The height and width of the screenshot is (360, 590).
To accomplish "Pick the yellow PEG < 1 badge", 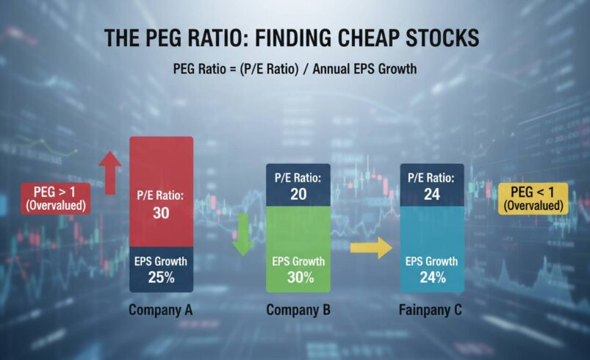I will click(533, 198).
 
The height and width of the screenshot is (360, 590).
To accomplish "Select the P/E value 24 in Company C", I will click(432, 194).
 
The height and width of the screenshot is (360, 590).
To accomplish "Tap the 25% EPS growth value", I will click(161, 278).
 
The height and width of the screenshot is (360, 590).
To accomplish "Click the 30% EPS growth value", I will click(298, 278).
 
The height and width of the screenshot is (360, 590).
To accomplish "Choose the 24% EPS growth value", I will click(432, 278).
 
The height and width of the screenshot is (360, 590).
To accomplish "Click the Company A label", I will click(161, 310).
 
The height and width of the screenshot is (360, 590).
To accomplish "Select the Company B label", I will click(298, 310).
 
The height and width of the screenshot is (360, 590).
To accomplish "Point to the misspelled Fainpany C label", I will click(431, 310).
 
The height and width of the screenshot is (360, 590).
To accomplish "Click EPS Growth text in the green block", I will click(298, 262).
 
